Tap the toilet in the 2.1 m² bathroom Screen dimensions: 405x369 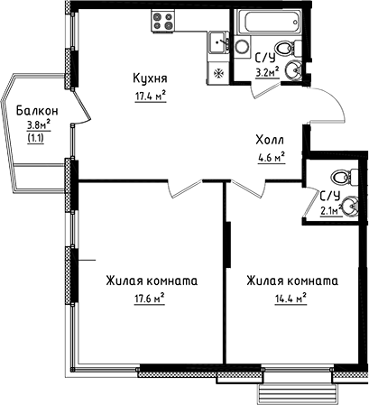(340, 177)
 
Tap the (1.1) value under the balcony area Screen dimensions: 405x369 (36, 140)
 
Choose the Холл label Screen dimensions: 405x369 (268, 142)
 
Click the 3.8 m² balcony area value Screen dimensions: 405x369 (37, 126)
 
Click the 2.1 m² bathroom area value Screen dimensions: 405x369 (330, 212)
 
